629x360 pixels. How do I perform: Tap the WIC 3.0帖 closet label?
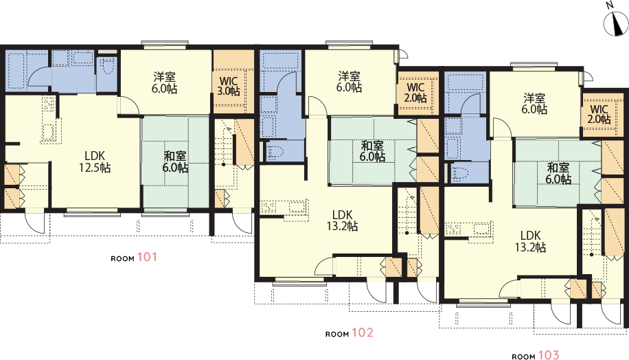(x=229, y=85)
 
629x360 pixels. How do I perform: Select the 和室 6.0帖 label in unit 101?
(x=176, y=161)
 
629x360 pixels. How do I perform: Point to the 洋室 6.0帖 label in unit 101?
(x=165, y=82)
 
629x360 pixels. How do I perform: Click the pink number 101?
(x=147, y=258)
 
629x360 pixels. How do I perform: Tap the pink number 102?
(x=362, y=333)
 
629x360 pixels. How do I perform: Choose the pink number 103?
(x=548, y=356)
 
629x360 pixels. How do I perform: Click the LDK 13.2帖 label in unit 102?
(x=343, y=220)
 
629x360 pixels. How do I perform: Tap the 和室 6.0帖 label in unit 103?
(x=558, y=173)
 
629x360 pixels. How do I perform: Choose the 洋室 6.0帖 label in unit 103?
(x=534, y=103)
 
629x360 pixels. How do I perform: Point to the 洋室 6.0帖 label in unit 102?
(x=349, y=81)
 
